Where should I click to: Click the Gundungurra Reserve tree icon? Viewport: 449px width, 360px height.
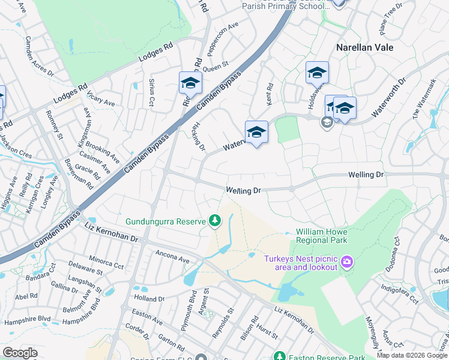tap(215, 222)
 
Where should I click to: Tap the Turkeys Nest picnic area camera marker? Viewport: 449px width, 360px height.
tap(346, 262)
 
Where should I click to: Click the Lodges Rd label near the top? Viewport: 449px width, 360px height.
tap(155, 52)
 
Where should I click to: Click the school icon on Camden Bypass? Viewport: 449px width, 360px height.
tap(190, 83)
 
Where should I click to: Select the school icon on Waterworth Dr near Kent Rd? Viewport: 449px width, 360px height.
tap(256, 133)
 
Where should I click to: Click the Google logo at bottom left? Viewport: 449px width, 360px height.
tap(20, 353)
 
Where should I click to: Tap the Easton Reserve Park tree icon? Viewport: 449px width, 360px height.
tap(279, 356)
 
